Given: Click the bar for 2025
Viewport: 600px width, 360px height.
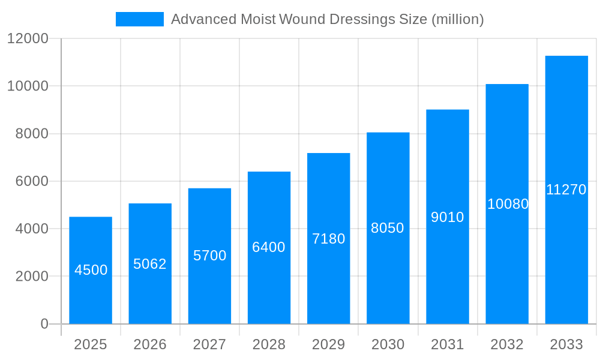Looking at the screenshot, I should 91,270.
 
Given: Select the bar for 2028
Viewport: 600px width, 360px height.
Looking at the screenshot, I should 269,247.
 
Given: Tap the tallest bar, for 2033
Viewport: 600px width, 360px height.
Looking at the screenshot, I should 566,190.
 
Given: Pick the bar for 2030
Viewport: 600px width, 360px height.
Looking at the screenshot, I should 388,228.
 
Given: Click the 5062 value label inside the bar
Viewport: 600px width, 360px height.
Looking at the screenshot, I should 150,264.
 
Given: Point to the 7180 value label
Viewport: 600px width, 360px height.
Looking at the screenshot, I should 329,239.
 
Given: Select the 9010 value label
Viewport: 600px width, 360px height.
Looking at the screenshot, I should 448,217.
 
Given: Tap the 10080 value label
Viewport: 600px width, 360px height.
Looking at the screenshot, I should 508,204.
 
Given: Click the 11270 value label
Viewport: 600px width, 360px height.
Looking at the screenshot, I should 566,190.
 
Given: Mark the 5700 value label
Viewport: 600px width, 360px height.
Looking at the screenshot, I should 209,256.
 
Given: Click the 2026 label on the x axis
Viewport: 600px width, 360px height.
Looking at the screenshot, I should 150,344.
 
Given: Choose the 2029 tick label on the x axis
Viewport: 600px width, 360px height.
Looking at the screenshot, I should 329,344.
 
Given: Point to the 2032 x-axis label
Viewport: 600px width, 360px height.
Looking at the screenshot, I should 507,344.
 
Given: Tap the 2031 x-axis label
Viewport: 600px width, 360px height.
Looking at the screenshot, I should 448,344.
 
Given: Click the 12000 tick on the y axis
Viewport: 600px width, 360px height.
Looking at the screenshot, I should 27,38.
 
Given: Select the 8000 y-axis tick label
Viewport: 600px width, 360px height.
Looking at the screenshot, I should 31,134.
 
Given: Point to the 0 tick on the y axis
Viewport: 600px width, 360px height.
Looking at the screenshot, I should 44,324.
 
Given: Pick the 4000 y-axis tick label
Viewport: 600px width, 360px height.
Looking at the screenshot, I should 31,229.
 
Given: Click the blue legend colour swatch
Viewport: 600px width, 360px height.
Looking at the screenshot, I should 139,19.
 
